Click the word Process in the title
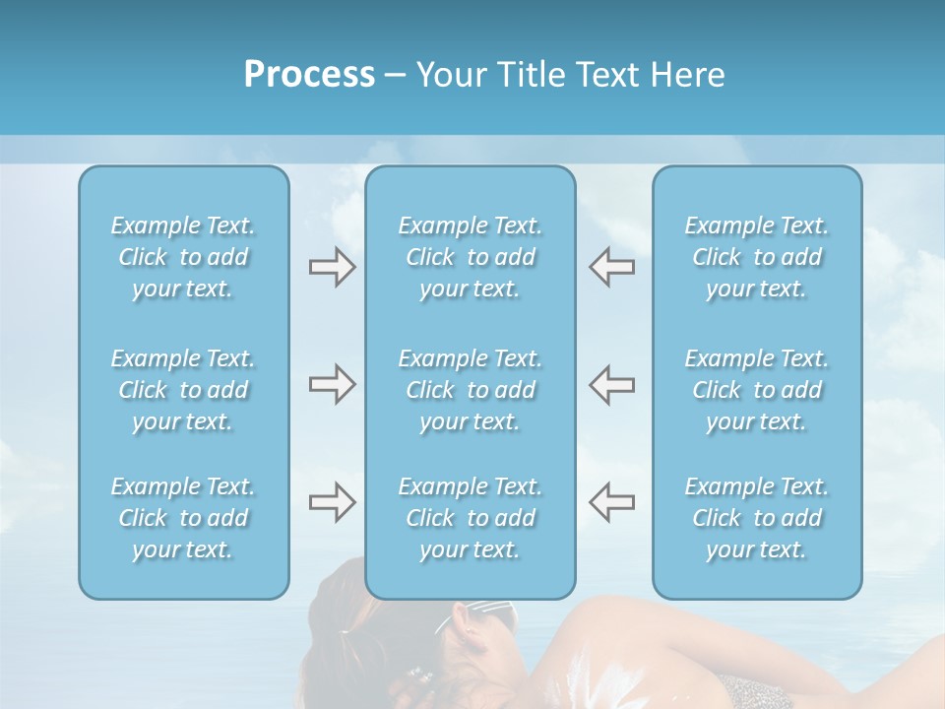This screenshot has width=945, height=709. [309, 75]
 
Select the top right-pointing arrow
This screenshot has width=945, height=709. [332, 267]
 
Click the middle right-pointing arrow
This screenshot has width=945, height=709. [332, 384]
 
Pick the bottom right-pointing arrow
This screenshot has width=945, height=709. [332, 502]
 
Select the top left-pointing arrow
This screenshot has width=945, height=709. [611, 267]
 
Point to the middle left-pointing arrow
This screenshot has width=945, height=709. [611, 384]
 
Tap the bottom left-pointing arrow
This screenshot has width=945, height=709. [611, 502]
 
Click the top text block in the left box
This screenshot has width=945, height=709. [183, 257]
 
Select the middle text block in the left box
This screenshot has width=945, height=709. [183, 390]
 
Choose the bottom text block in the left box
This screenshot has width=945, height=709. [183, 518]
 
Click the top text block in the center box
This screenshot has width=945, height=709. [471, 257]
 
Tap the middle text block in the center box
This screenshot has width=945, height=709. [471, 390]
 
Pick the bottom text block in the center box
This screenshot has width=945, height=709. [471, 518]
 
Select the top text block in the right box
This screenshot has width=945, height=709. [757, 257]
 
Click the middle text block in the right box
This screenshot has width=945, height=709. [757, 390]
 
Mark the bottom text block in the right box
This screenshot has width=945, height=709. [757, 518]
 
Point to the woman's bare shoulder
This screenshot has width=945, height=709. [630, 640]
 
